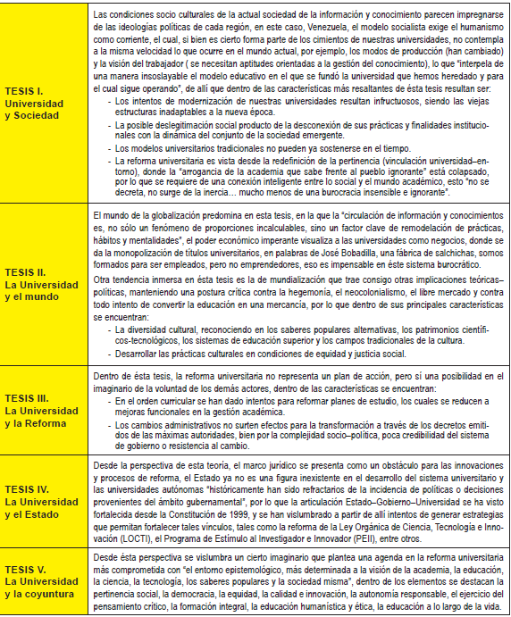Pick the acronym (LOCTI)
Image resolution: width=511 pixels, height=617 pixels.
(110, 539)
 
